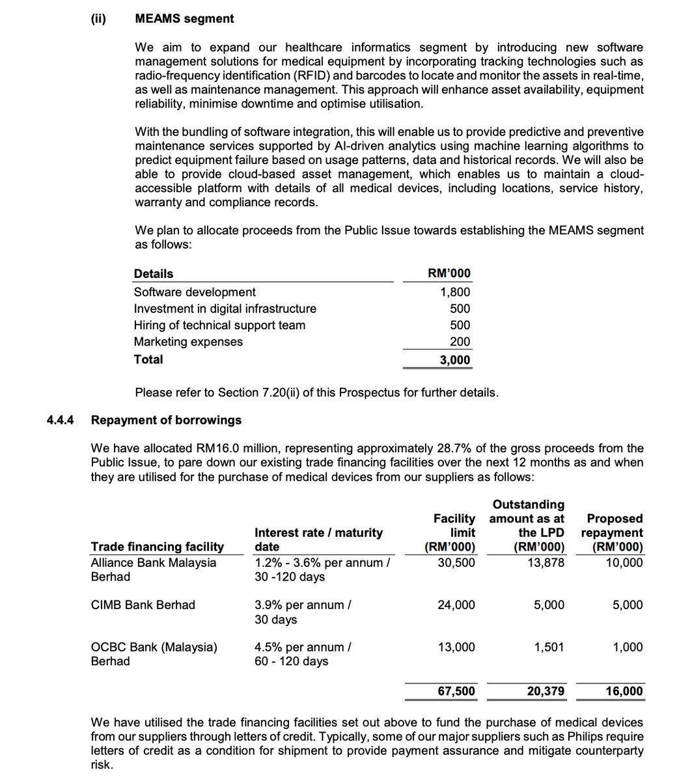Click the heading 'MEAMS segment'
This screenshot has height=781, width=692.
click(184, 19)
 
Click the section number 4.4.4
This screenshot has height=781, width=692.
click(61, 420)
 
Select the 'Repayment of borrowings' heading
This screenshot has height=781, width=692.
click(166, 420)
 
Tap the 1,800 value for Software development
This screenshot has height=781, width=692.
click(455, 292)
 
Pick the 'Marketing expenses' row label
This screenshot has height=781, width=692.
click(188, 342)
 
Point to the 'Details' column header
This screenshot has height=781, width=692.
click(154, 274)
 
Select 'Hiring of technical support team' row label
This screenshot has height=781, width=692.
click(219, 325)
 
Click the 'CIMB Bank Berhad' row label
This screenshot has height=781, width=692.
click(143, 605)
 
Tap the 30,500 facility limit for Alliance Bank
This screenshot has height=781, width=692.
click(456, 562)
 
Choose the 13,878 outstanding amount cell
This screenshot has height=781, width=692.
click(546, 562)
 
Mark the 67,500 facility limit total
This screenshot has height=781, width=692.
click(456, 691)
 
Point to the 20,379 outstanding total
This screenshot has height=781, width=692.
click(546, 691)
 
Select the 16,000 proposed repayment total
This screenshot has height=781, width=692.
click(624, 691)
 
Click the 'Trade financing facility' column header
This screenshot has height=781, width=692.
click(157, 547)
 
